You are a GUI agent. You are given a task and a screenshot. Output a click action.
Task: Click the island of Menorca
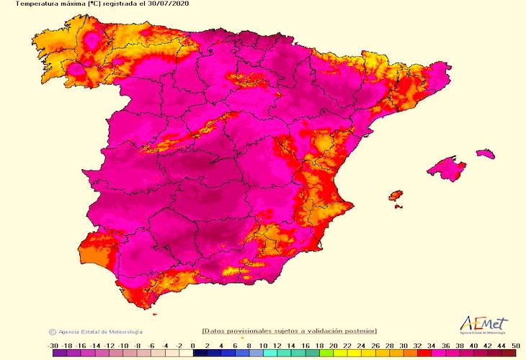pos(486,153)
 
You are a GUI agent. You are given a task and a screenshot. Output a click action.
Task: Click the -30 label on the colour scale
pos(53,346)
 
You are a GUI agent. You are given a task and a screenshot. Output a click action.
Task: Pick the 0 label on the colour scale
pos(193,346)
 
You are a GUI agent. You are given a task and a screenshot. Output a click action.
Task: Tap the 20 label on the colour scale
pos(333,346)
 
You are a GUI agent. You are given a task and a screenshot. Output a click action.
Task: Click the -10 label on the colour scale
pos(123,346)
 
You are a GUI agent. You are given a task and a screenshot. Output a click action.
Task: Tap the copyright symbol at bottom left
pos(52,332)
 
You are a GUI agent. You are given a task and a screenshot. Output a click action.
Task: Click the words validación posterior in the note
pos(344,330)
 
